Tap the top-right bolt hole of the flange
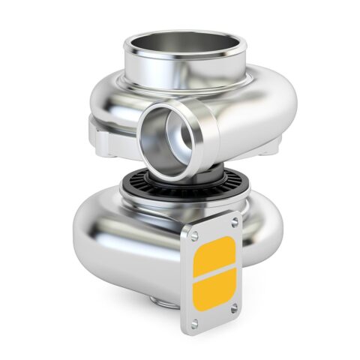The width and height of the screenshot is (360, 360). (x=235, y=222)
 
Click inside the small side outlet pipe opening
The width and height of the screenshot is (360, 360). (x=164, y=139)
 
